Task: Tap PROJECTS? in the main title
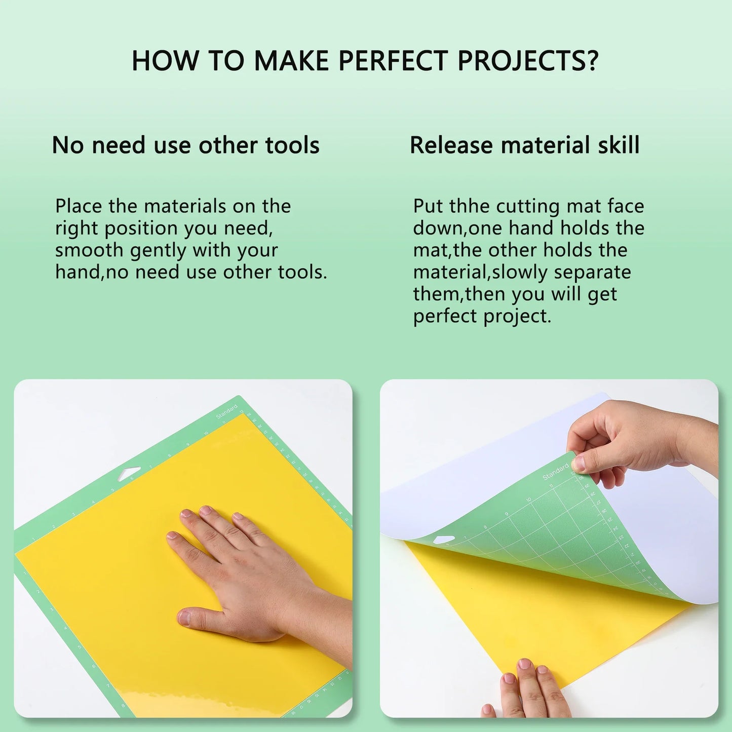[x=528, y=61]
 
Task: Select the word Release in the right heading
[x=451, y=145]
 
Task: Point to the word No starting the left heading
[x=67, y=145]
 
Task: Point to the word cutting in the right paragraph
[x=528, y=207]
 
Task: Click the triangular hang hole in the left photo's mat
[x=129, y=474]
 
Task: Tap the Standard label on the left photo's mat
[x=227, y=412]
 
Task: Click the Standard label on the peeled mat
[x=555, y=472]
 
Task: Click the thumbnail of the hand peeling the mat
[x=579, y=463]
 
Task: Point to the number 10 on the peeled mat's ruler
[x=528, y=499]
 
